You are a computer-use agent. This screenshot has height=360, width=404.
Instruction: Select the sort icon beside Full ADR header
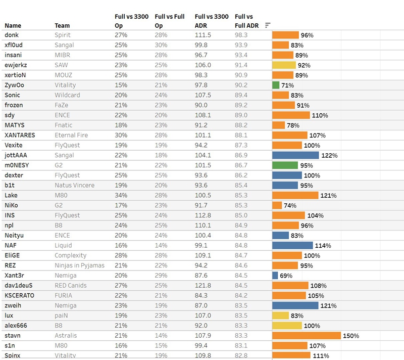click(x=268, y=25)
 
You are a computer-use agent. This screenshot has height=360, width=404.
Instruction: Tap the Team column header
click(x=62, y=25)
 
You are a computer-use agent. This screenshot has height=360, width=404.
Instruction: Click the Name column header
click(x=13, y=25)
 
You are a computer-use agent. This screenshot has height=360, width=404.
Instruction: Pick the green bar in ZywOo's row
click(x=276, y=85)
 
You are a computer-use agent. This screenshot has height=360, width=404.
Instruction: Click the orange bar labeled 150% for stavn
click(x=307, y=336)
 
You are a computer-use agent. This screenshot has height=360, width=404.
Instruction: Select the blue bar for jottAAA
click(x=295, y=155)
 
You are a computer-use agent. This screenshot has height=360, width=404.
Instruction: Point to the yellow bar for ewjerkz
click(x=284, y=65)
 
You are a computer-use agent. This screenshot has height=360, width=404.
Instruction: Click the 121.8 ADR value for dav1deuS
click(x=203, y=286)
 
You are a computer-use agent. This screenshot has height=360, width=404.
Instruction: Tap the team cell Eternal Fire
click(x=71, y=136)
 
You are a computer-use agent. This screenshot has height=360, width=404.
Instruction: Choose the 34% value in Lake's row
click(x=121, y=196)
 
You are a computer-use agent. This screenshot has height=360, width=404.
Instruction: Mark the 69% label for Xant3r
click(x=286, y=276)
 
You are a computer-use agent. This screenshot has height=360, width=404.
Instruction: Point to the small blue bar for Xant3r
click(x=275, y=276)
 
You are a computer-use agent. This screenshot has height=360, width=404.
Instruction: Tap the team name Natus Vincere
click(x=74, y=186)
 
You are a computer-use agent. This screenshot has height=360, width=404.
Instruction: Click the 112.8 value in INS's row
click(x=203, y=215)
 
